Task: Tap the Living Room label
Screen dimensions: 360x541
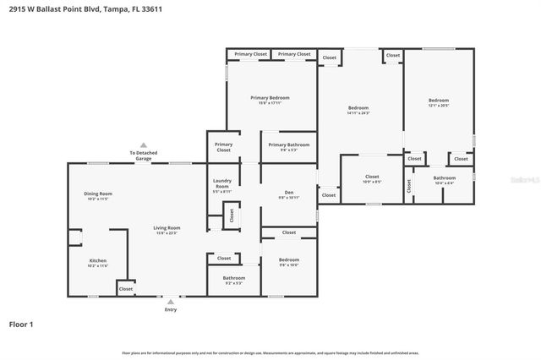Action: [167, 229]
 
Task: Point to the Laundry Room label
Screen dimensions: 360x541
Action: [222, 183]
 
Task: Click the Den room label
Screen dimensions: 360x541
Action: [289, 194]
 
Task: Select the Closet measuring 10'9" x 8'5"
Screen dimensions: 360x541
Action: [372, 179]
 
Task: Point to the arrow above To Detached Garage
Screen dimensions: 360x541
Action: [144, 145]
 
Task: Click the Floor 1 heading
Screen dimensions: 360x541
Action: [21, 324]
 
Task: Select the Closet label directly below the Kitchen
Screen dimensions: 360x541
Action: [125, 289]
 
